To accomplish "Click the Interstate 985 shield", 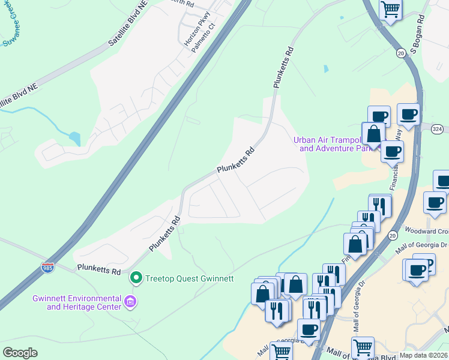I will pyautogui.click(x=48, y=268).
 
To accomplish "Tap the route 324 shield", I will pyautogui.click(x=437, y=129).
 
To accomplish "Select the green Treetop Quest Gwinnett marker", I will pyautogui.click(x=136, y=278).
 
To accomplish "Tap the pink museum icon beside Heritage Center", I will pyautogui.click(x=130, y=303).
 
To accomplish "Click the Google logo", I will pyautogui.click(x=20, y=353).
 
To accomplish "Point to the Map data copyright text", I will pyautogui.click(x=424, y=355).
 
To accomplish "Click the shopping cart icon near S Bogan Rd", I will pyautogui.click(x=391, y=10).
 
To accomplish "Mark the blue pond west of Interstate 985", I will pyautogui.click(x=75, y=139).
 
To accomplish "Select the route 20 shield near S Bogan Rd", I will pyautogui.click(x=400, y=54).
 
